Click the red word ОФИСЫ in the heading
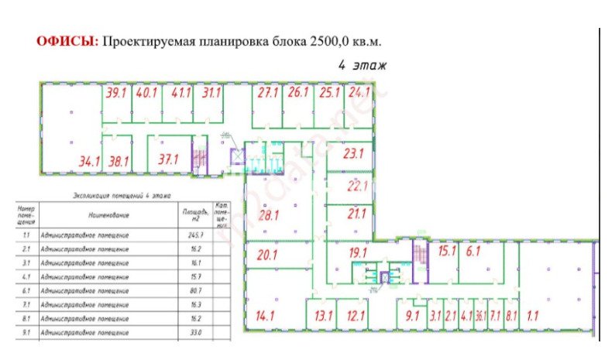67,41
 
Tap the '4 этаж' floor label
362,66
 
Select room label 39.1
116,93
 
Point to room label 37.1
168,159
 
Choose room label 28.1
268,215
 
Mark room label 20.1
267,254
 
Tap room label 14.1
266,315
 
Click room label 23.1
353,153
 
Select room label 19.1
357,252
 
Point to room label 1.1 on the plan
533,315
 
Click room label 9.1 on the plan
411,315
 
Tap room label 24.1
357,93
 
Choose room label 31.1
211,93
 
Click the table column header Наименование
108,214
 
